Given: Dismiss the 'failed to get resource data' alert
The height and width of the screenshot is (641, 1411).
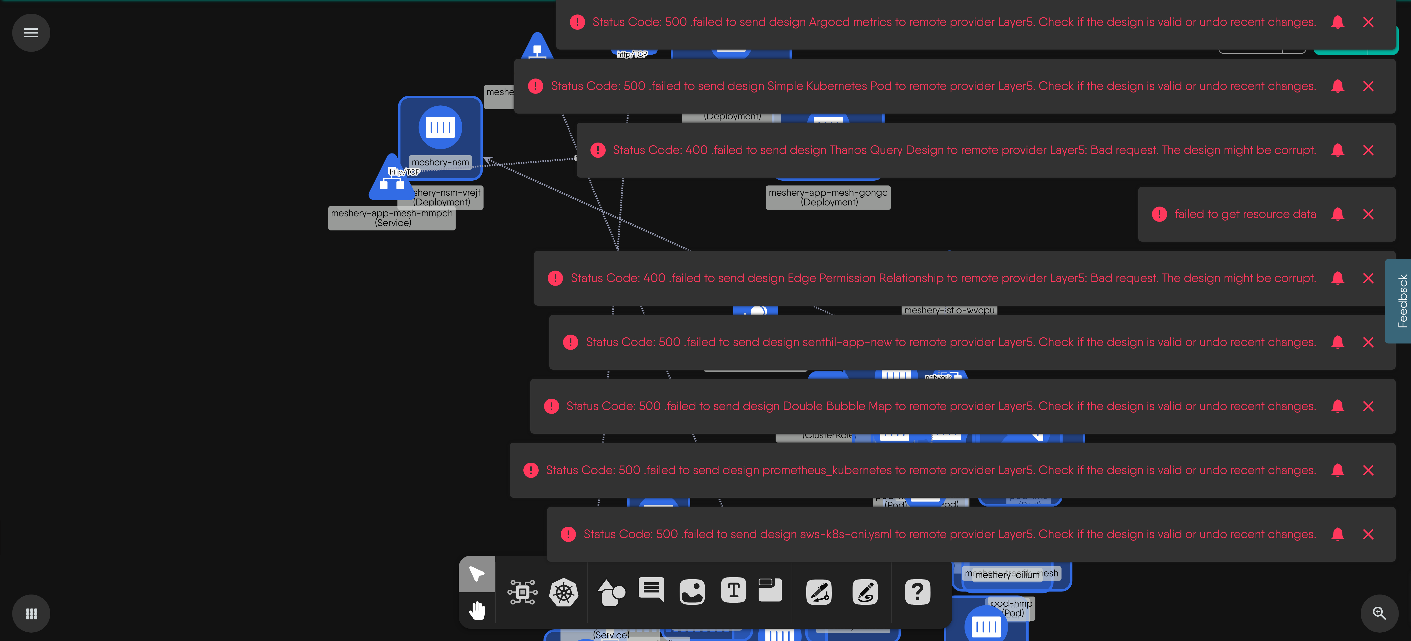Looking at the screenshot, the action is [1368, 214].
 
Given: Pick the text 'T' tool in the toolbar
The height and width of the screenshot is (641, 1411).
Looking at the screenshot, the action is [733, 591].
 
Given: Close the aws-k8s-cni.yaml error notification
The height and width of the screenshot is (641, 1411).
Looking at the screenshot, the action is [1368, 534].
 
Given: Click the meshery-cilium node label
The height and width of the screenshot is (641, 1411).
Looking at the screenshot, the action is [1007, 575].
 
